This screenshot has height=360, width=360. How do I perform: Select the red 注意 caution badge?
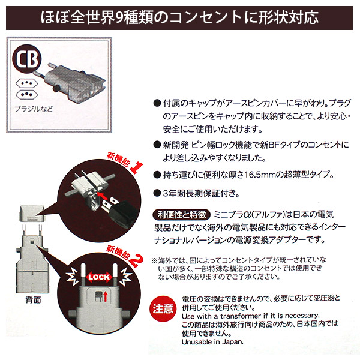(163, 310)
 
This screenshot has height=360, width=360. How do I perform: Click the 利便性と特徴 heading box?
(182, 214)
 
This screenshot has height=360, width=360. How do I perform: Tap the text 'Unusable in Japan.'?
(212, 341)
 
